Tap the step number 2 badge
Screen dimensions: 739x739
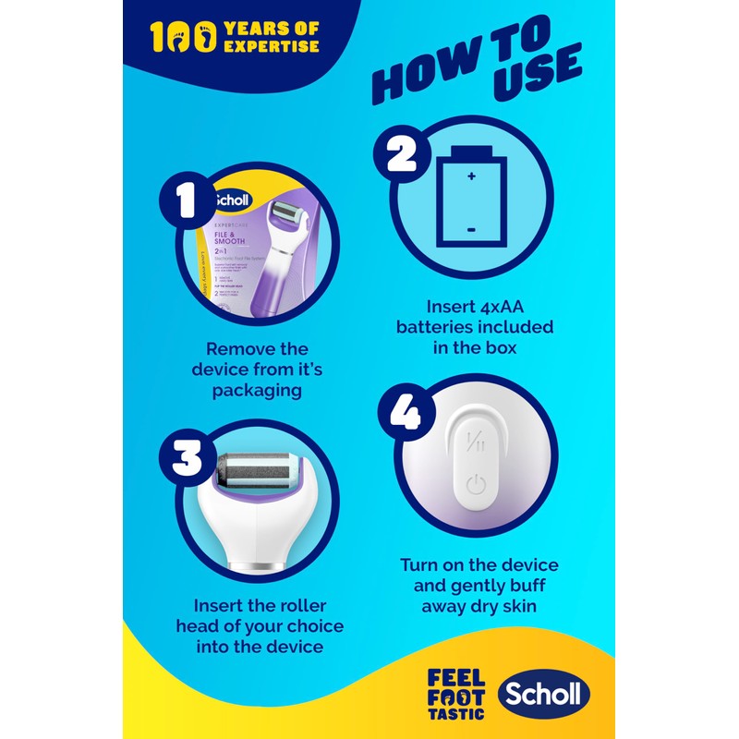(x=403, y=154)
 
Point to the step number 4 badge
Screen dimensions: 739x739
(x=403, y=413)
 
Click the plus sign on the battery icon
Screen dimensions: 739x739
(x=472, y=176)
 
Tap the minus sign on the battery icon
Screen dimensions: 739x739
(x=472, y=227)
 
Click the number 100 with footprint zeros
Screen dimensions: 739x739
(x=184, y=38)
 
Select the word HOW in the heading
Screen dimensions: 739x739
(x=418, y=79)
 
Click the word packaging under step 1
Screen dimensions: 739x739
(x=258, y=390)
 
